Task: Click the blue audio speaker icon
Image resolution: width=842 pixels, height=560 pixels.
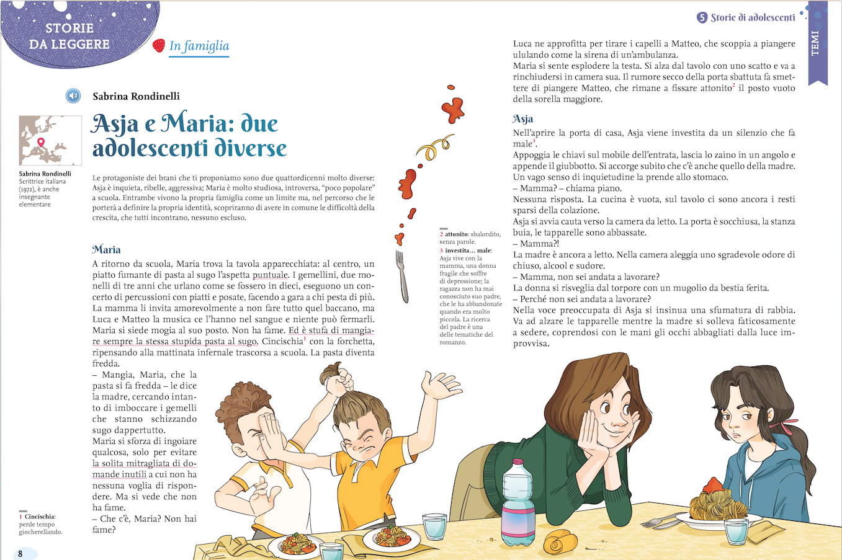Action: point(73,96)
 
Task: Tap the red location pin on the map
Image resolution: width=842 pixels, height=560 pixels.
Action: point(42,142)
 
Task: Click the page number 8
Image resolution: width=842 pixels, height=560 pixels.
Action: point(20,553)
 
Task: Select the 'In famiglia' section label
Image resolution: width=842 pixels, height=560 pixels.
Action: point(199,46)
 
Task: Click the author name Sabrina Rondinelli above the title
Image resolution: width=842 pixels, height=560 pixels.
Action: point(136,96)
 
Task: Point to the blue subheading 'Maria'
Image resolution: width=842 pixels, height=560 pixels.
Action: point(106,249)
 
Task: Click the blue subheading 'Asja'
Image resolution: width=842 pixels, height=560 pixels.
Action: point(522,118)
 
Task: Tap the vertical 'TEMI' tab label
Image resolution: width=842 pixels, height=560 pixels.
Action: point(815,43)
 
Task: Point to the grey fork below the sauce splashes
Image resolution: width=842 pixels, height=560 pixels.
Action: point(403,275)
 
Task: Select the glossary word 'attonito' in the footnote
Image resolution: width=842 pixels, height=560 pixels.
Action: point(457,234)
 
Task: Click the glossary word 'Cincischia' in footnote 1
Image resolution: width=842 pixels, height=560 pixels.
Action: point(40,516)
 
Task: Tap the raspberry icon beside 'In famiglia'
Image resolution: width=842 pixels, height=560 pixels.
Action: point(159,45)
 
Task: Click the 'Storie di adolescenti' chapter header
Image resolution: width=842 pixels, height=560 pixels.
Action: point(752,17)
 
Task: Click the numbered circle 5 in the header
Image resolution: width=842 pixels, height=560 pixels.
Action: point(702,17)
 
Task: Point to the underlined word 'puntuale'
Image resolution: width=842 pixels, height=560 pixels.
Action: point(270,275)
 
